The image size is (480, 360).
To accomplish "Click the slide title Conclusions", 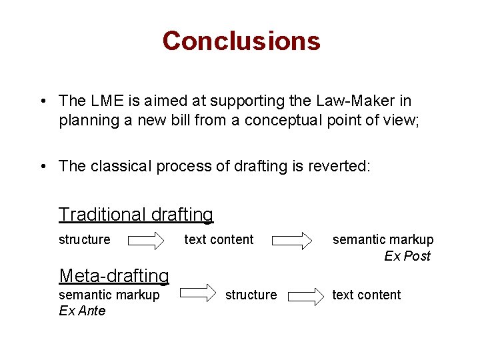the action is click(241, 41).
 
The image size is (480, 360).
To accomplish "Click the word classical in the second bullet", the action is click(120, 167).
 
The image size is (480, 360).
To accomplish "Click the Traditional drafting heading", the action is click(136, 215).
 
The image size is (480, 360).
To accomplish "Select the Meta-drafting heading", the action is click(114, 275).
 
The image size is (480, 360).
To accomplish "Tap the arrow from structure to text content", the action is click(147, 240).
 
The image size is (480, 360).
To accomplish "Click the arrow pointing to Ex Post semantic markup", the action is click(294, 240).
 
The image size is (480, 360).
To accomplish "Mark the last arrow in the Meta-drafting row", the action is click(305, 295).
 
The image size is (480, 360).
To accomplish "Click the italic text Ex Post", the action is click(407, 256).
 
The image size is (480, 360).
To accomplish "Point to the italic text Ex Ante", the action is click(82, 311).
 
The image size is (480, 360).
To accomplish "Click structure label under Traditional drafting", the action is click(85, 239).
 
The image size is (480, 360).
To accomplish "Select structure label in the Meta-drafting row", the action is click(251, 295).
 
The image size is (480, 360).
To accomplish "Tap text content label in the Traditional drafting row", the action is click(219, 239).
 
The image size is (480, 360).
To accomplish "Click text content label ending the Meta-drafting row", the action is click(367, 295).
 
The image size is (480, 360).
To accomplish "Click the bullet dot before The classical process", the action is click(42, 167).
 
